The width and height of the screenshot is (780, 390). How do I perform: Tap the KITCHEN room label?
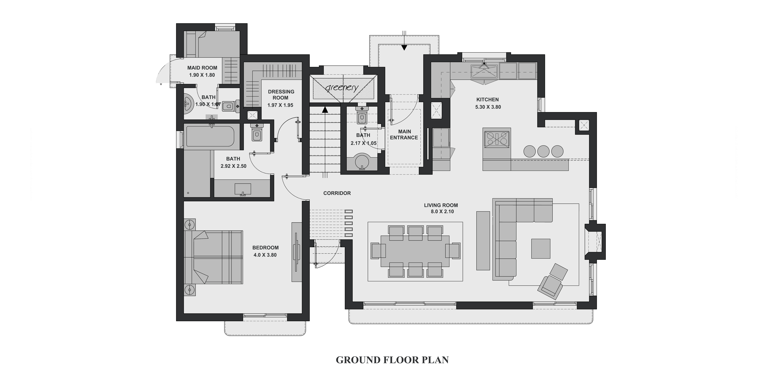(x=488, y=100)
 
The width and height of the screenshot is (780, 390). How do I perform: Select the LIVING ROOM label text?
(x=441, y=205)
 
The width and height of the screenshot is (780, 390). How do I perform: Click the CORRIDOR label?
(x=337, y=193)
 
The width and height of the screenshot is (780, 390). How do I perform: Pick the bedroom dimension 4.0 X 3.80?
(x=265, y=255)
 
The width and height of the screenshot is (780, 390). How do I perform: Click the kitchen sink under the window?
(x=484, y=72)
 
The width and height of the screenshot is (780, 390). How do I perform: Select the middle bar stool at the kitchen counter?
(x=544, y=151)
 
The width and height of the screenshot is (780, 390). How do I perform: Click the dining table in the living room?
(x=415, y=251)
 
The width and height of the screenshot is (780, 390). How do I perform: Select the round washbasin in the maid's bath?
(x=188, y=103)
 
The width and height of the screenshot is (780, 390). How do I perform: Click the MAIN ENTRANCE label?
(x=404, y=134)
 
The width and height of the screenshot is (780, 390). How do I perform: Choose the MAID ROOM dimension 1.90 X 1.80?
(x=202, y=75)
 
